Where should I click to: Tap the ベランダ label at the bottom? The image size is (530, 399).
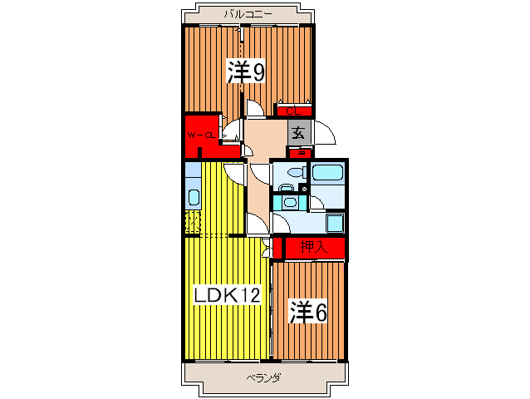click(x=263, y=378)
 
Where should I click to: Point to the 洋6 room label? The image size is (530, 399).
click(x=307, y=312)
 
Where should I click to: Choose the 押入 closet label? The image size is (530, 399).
click(x=312, y=247)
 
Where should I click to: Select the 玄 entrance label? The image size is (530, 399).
click(x=298, y=131)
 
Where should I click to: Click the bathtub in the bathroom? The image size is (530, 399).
click(x=328, y=174)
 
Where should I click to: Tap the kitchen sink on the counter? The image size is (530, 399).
click(x=193, y=198)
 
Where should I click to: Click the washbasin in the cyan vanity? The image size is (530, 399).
click(x=288, y=202)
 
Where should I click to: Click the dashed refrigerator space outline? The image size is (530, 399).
click(x=192, y=222)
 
